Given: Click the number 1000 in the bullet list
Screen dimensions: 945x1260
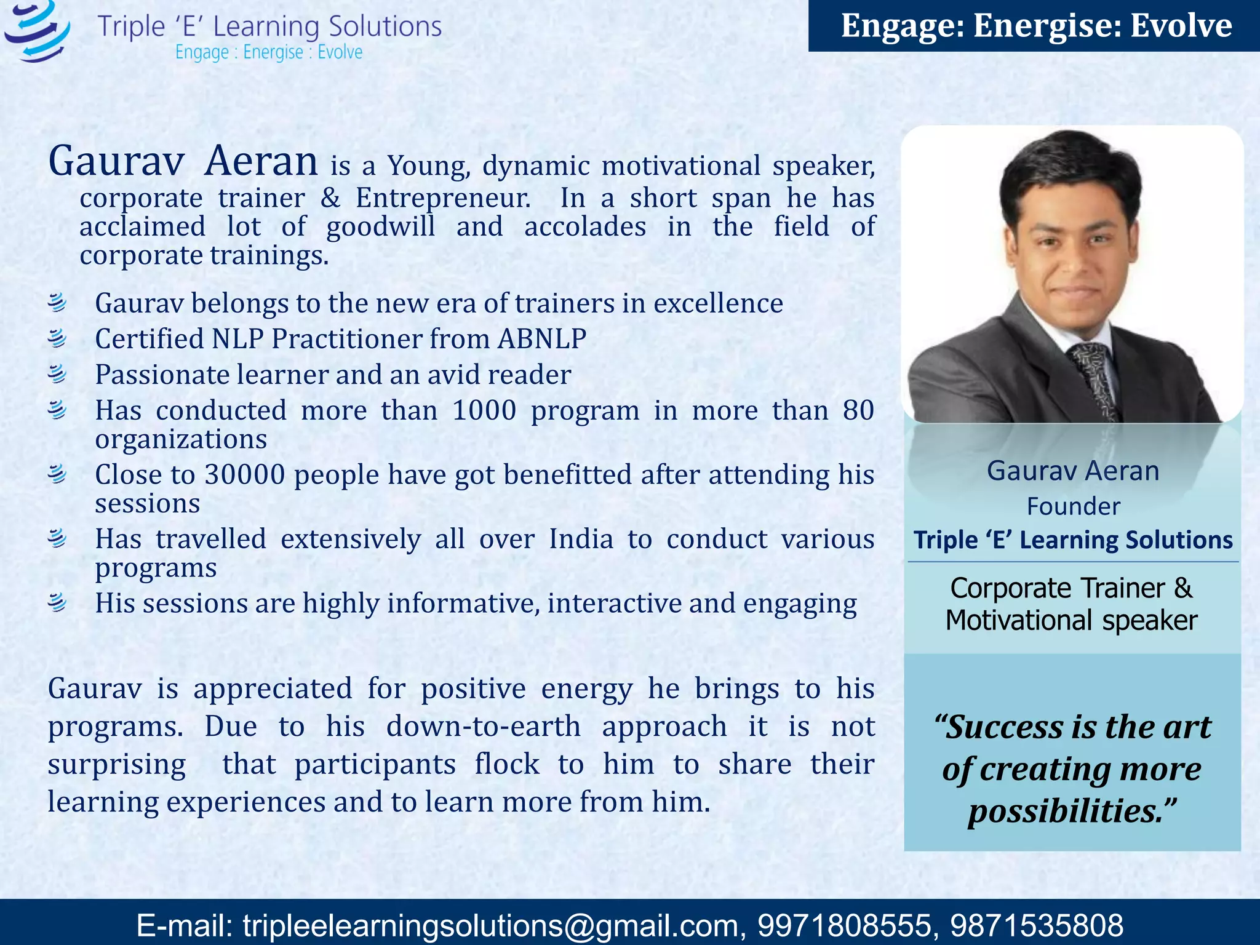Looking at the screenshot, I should tap(484, 410).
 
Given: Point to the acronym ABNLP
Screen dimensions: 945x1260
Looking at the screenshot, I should tap(542, 338).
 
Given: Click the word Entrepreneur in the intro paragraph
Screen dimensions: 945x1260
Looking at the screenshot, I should tap(443, 198).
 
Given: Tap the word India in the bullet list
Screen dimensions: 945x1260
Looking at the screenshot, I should tap(581, 539).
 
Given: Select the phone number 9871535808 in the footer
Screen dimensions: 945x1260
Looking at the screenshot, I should tap(1037, 925).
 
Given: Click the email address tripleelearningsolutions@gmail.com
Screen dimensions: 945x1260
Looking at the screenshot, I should tap(490, 925).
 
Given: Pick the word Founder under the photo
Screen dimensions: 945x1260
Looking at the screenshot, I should tap(1074, 506).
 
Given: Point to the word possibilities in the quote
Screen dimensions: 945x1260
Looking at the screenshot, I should tap(1064, 811).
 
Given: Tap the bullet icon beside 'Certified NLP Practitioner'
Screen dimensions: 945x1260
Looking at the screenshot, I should tap(57, 338).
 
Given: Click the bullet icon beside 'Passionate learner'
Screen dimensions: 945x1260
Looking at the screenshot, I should tap(57, 374).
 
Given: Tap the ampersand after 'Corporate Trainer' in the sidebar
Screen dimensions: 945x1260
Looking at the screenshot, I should tap(1183, 588).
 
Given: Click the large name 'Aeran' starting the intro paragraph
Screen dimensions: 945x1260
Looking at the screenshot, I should tap(261, 161).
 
